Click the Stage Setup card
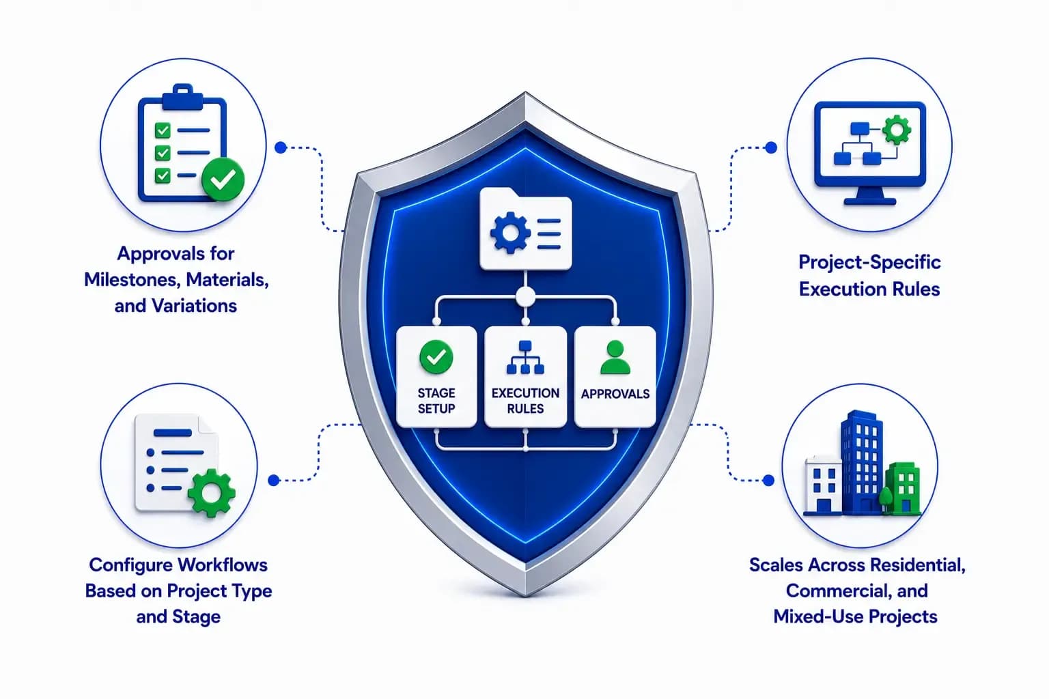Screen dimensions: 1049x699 [x=436, y=376]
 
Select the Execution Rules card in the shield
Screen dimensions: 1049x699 [x=525, y=376]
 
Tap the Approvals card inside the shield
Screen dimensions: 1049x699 [x=615, y=376]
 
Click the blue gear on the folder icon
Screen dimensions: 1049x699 [x=510, y=233]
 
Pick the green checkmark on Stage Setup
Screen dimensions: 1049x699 [x=436, y=357]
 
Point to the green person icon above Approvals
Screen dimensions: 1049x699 [x=615, y=357]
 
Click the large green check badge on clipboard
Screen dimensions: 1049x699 [x=223, y=180]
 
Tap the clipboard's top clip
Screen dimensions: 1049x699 [x=182, y=96]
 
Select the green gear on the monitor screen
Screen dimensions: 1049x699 [x=896, y=130]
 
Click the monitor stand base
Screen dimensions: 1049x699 [x=869, y=201]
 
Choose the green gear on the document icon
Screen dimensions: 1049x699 [x=211, y=493]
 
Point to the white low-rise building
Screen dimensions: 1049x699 [x=823, y=484]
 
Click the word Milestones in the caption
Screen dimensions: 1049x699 [x=132, y=280]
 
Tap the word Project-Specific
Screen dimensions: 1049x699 [x=869, y=262]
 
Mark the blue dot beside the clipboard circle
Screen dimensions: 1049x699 [x=281, y=148]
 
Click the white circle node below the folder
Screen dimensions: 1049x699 [x=525, y=297]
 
